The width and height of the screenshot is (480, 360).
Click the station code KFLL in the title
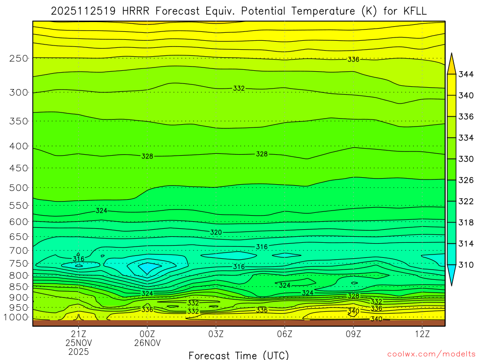[412, 11]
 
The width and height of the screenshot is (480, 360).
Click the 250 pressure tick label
[19, 58]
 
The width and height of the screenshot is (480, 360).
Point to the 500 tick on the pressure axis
[19, 187]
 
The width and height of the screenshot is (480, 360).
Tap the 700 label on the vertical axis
[19, 250]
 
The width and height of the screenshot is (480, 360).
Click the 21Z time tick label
[78, 334]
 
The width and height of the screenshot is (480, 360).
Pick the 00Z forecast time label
[147, 334]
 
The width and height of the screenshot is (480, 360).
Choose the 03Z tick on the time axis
[216, 334]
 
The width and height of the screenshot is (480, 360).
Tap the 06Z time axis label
[285, 334]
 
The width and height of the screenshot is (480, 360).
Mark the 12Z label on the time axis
[422, 334]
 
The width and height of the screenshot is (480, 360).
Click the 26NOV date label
[147, 343]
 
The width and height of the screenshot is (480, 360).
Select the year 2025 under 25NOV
[78, 351]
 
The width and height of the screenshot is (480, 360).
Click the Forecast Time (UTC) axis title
[239, 355]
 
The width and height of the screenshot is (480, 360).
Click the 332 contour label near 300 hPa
[239, 88]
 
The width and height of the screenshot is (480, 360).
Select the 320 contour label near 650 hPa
[216, 232]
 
